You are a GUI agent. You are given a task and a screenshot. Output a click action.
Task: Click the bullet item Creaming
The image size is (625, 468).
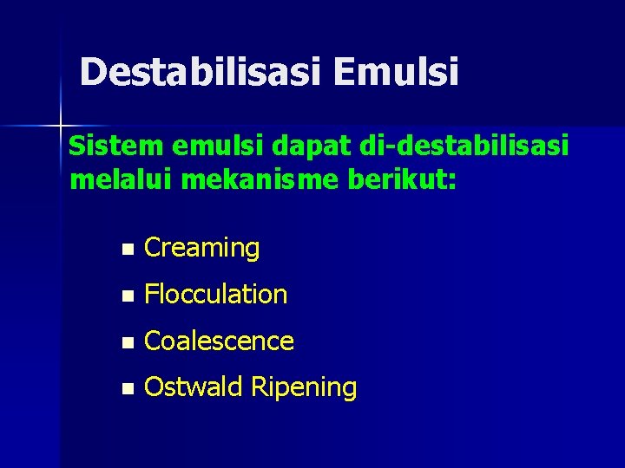201,249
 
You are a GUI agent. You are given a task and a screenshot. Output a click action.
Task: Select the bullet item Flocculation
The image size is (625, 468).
215,295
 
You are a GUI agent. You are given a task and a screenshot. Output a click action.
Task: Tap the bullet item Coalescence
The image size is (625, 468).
219,341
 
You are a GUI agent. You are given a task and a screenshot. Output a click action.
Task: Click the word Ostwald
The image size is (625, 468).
194,387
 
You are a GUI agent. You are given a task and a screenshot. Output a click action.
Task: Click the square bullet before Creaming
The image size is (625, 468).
128,250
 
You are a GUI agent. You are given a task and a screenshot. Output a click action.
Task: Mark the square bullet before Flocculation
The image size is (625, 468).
128,296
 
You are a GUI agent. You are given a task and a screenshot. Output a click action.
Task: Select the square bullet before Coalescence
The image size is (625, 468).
128,343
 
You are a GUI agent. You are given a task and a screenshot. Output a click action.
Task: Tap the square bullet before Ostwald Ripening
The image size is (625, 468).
128,390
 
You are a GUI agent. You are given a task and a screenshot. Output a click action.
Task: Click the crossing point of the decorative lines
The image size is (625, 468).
61,127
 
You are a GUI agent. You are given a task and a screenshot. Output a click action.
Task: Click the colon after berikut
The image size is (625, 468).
451,184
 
